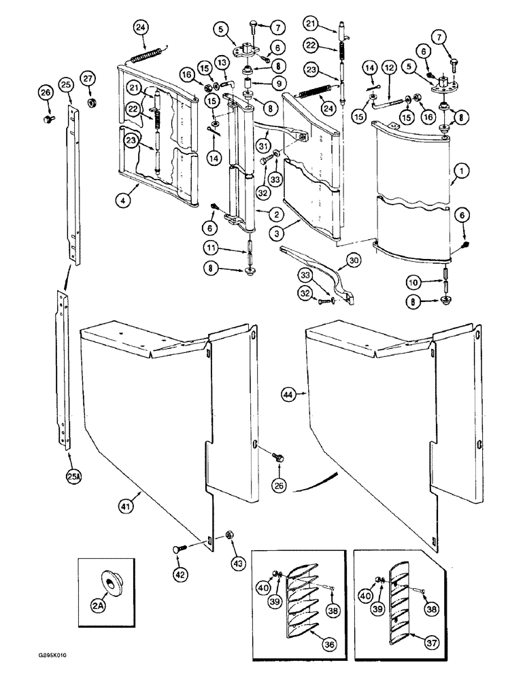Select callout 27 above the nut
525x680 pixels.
pos(90,76)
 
